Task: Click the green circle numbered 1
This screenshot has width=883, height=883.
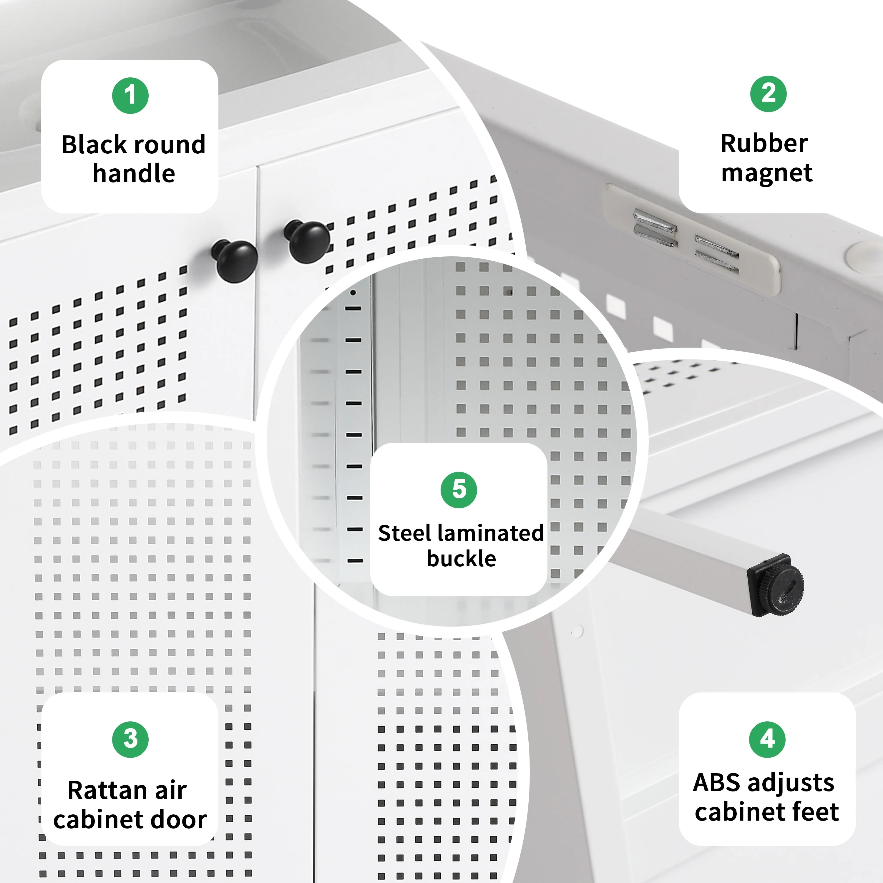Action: pyautogui.click(x=130, y=96)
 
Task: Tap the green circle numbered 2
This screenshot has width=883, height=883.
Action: pyautogui.click(x=768, y=94)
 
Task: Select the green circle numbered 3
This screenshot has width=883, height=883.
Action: pyautogui.click(x=130, y=739)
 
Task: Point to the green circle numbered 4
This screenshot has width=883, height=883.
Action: pyautogui.click(x=767, y=739)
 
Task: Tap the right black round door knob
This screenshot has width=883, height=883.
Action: pyautogui.click(x=307, y=241)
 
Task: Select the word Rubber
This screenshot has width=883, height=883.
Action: pyautogui.click(x=764, y=144)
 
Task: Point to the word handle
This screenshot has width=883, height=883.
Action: pyautogui.click(x=134, y=173)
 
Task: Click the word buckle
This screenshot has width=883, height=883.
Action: pyautogui.click(x=461, y=559)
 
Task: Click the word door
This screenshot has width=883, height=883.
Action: pyautogui.click(x=182, y=819)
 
